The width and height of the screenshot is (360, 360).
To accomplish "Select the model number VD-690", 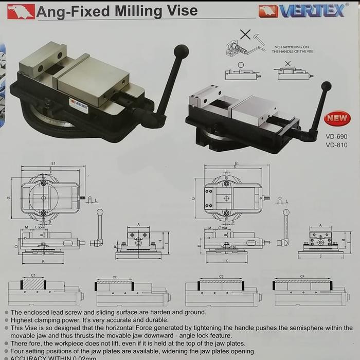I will (x=336, y=136).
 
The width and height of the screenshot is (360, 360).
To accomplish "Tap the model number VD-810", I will (x=336, y=145).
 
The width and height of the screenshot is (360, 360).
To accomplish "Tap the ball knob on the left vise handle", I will (x=181, y=51).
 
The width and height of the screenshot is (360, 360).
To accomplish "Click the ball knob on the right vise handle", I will (x=326, y=86).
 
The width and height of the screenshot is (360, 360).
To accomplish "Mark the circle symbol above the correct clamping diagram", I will (x=241, y=65).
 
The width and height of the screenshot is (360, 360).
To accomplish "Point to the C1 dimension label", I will (x=33, y=276).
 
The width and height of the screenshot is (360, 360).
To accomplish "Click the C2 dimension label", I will (x=114, y=277).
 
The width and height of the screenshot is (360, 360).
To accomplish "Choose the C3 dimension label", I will (x=221, y=276).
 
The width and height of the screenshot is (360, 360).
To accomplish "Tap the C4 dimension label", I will (x=302, y=276).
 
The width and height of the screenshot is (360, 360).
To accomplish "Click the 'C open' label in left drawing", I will (x=40, y=227).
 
